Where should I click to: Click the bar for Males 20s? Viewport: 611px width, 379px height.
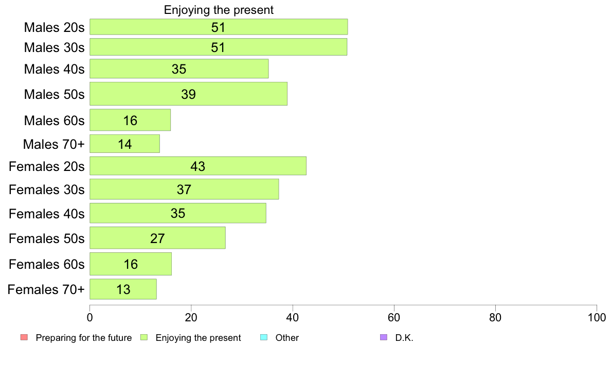pyautogui.click(x=219, y=27)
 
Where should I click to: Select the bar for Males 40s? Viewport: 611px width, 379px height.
pyautogui.click(x=179, y=68)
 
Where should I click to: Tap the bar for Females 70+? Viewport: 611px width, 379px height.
pyautogui.click(x=123, y=289)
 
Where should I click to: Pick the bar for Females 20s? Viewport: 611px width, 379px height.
pyautogui.click(x=198, y=166)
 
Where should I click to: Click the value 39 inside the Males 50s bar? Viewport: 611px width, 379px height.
pyautogui.click(x=188, y=94)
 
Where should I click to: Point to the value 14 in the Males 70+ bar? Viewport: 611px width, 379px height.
pyautogui.click(x=124, y=144)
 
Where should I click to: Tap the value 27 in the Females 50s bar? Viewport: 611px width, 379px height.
pyautogui.click(x=157, y=238)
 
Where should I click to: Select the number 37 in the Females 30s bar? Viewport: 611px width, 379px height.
pyautogui.click(x=184, y=189)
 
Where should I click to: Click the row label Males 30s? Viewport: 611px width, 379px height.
pyautogui.click(x=54, y=47)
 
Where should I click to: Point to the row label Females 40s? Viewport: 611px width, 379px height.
pyautogui.click(x=46, y=213)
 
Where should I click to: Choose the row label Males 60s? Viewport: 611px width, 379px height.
pyautogui.click(x=54, y=120)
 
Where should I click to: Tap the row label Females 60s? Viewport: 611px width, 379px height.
pyautogui.click(x=46, y=264)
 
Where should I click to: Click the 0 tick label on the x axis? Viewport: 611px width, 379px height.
pyautogui.click(x=90, y=317)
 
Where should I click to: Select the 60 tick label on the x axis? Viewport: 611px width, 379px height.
pyautogui.click(x=394, y=317)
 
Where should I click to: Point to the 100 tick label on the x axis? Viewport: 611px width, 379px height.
pyautogui.click(x=597, y=317)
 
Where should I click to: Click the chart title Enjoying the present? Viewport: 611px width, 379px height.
pyautogui.click(x=219, y=10)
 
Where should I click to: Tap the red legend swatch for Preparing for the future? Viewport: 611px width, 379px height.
pyautogui.click(x=24, y=337)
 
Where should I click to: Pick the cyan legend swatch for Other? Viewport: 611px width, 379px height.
pyautogui.click(x=263, y=337)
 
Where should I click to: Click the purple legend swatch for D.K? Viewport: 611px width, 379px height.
pyautogui.click(x=383, y=337)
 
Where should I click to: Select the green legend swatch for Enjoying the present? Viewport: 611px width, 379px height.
pyautogui.click(x=143, y=337)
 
